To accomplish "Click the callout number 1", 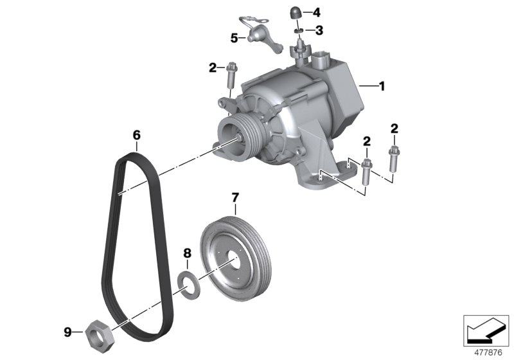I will pos(382,85).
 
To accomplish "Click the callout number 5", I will pos(235,38).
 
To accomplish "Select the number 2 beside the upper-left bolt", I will pos(213,66).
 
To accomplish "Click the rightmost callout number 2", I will pos(393,129).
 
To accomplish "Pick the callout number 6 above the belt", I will pos(136,135).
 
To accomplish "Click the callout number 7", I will pos(235,195).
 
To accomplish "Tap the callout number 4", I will pos(316,12).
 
